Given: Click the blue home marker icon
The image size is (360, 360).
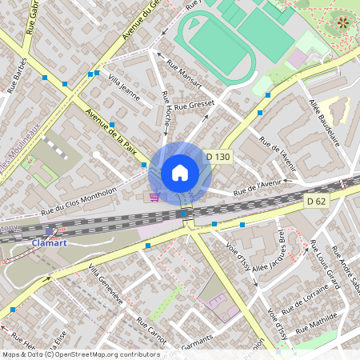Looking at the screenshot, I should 180,173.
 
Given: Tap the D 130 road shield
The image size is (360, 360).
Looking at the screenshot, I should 218,158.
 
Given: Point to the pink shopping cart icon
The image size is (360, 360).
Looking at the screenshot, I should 153,196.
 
